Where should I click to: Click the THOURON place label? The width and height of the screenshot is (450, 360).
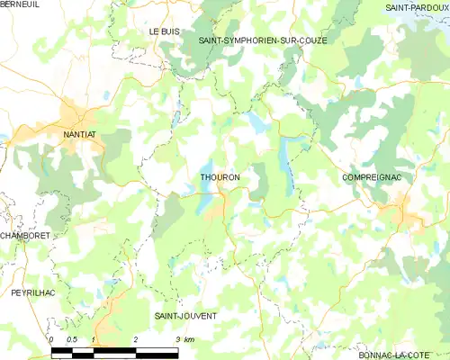click(x=220, y=178)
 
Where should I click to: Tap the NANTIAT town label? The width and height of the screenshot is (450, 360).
click(x=81, y=135)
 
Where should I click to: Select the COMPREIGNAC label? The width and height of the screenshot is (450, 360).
click(x=372, y=178)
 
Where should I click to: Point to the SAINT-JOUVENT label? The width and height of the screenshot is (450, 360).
click(x=185, y=317)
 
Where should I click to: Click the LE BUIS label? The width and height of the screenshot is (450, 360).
click(x=166, y=31)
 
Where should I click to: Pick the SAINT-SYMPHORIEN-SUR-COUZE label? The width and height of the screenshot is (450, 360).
click(x=262, y=41)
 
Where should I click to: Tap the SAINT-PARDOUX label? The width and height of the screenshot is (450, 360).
click(x=417, y=7)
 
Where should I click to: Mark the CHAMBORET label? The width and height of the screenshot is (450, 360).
click(x=25, y=235)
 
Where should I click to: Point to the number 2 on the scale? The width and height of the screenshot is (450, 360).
click(x=135, y=338)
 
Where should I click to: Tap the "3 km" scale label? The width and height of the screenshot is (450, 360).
click(x=184, y=338)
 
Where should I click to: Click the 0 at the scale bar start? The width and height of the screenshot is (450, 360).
click(x=52, y=338)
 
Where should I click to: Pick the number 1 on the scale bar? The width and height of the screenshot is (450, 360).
click(x=94, y=338)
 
